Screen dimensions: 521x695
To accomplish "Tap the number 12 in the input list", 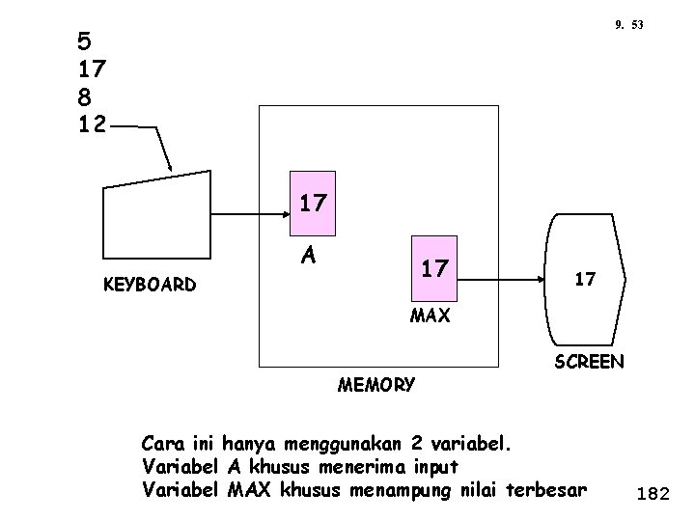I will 94,123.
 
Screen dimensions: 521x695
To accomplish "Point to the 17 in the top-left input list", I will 94,69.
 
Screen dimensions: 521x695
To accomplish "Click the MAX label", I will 430,315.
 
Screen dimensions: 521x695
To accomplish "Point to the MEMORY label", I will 376,385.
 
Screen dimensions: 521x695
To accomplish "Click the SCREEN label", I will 589,363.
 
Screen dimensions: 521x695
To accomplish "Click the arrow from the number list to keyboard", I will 154,145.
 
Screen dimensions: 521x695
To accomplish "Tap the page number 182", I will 653,494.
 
